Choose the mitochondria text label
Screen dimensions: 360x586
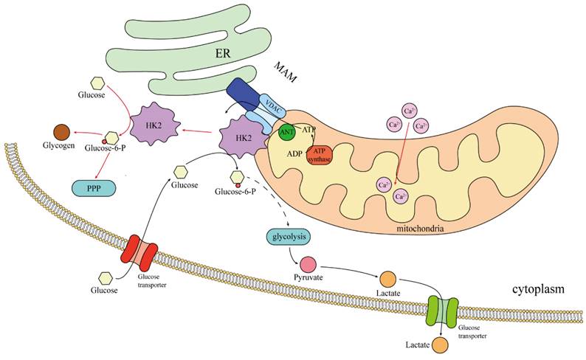click(419, 229)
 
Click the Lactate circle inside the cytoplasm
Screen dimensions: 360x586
click(388, 280)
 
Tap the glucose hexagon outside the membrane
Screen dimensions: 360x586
click(106, 277)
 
